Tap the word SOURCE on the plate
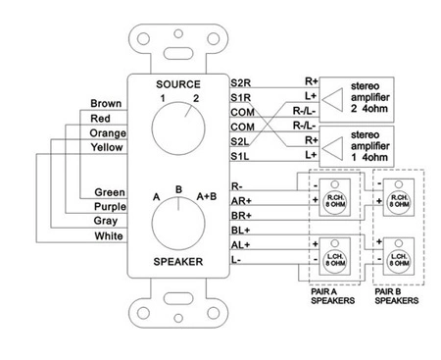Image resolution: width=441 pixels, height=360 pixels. pyautogui.click(x=177, y=84)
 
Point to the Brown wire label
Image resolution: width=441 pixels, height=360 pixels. pyautogui.click(x=106, y=103)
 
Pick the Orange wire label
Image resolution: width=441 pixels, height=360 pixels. pyautogui.click(x=107, y=132)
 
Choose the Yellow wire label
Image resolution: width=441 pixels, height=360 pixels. pyautogui.click(x=108, y=147)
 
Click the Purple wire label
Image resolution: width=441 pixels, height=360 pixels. pyautogui.click(x=108, y=206)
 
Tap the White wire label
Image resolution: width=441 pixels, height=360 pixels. pyautogui.click(x=108, y=236)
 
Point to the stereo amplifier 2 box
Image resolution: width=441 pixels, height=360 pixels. pyautogui.click(x=367, y=94)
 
